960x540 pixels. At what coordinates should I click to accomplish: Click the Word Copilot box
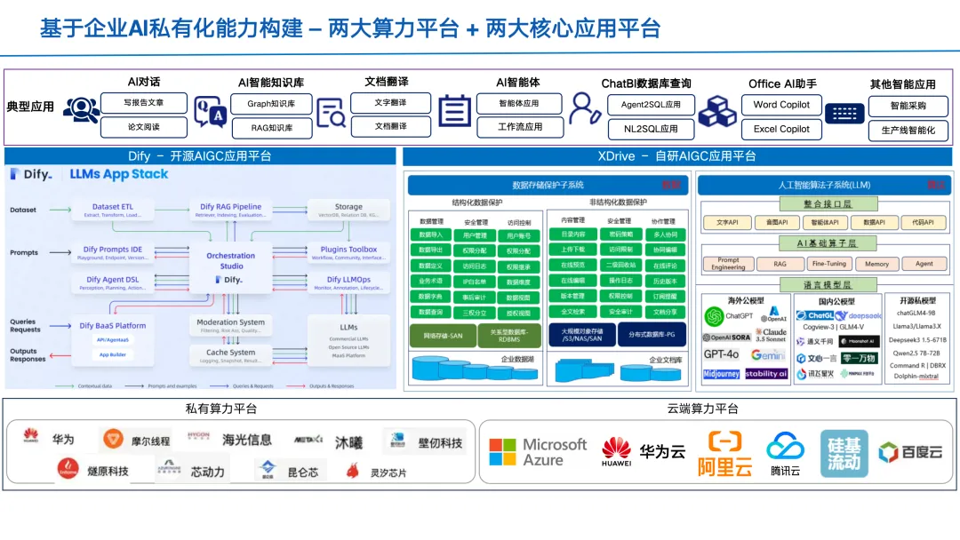[x=781, y=104]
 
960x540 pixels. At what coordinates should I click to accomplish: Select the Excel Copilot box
[x=781, y=129]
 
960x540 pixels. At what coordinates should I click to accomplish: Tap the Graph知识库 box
[x=271, y=104]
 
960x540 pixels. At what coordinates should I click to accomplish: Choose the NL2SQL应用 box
[x=644, y=129]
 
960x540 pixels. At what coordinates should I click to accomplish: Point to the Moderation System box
[x=230, y=326]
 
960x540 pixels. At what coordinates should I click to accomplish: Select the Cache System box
[x=230, y=357]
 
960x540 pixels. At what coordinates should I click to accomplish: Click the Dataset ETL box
[x=118, y=210]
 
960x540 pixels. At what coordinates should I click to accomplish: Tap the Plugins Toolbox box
[x=348, y=253]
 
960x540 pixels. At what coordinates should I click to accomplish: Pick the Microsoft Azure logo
[x=538, y=452]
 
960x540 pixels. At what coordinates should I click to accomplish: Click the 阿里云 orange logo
[x=724, y=453]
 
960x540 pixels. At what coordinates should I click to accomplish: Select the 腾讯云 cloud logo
[x=785, y=453]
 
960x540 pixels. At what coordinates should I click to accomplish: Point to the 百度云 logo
[x=910, y=452]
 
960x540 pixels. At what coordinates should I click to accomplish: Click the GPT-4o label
[x=721, y=354]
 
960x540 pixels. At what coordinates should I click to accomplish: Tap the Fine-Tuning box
[x=828, y=264]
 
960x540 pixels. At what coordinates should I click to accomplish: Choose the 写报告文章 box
[x=143, y=103]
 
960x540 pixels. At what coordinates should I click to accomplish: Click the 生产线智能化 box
[x=908, y=131]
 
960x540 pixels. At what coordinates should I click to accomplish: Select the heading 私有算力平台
[x=221, y=409]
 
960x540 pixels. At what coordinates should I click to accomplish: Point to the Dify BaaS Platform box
[x=113, y=326]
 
